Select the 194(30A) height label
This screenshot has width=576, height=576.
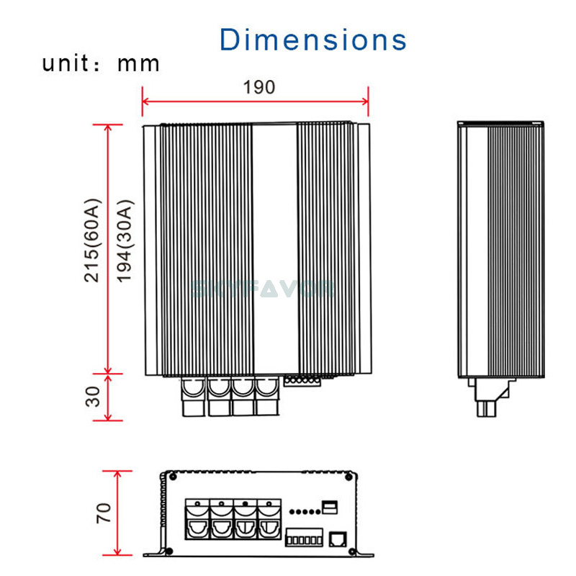tap(125, 240)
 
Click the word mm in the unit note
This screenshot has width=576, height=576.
tap(138, 63)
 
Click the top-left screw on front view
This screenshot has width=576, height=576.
tap(171, 476)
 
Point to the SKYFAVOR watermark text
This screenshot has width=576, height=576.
tap(262, 289)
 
